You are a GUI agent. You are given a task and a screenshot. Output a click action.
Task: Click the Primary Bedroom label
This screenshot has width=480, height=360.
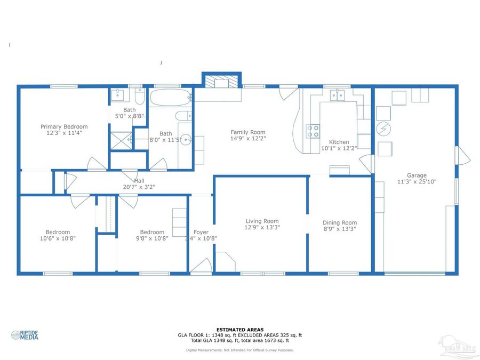(x=64, y=127)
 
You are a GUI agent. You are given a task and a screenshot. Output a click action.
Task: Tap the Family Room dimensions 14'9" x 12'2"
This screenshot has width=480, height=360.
(x=247, y=139)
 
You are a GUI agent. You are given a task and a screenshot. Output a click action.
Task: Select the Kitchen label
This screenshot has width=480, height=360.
(x=339, y=142)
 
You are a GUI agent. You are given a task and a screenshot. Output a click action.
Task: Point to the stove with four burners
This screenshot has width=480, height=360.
(x=313, y=131)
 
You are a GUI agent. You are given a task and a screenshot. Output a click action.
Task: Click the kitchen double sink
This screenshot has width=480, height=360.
(x=337, y=95)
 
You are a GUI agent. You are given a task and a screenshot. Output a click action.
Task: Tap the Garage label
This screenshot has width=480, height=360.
(x=417, y=175)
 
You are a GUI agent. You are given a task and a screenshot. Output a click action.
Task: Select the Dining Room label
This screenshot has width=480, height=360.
(x=340, y=223)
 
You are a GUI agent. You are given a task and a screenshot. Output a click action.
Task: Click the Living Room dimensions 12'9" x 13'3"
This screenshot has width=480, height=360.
(x=262, y=228)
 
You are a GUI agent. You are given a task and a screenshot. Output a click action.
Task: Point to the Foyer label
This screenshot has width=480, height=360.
(x=201, y=232)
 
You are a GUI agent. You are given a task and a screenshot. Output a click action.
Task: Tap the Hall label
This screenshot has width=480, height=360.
(x=139, y=181)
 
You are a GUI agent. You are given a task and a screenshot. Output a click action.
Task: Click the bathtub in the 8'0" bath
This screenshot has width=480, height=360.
(x=170, y=98)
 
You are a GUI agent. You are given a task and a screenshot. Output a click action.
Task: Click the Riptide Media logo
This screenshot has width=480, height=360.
(x=25, y=335)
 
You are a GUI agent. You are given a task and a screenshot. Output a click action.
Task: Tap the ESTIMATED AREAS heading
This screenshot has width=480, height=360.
(x=239, y=330)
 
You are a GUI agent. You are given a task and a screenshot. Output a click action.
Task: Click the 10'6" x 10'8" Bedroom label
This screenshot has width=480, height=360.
(x=58, y=232)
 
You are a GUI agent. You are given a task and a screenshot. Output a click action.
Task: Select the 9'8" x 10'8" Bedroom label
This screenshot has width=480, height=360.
(x=152, y=232)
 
